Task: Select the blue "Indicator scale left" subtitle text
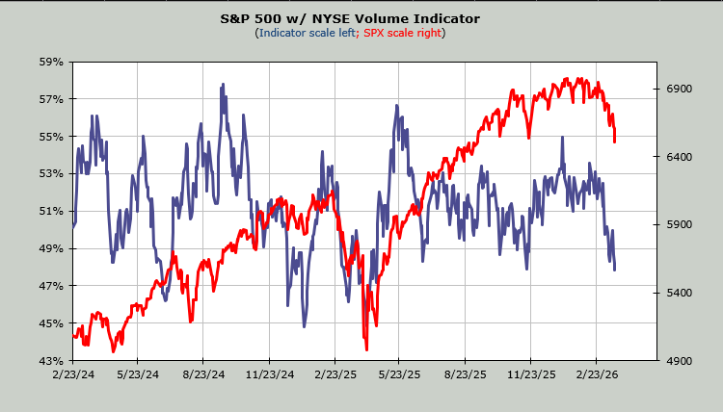(x=305, y=33)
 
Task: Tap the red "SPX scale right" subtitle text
(x=401, y=33)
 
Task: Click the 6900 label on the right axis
(x=681, y=89)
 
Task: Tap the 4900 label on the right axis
(x=681, y=360)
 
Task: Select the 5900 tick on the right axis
(x=681, y=224)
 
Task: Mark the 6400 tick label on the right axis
(x=681, y=157)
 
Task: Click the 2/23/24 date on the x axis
(x=73, y=374)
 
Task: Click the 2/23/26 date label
(x=597, y=374)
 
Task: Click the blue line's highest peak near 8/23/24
(x=223, y=85)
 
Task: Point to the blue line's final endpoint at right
(x=615, y=270)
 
